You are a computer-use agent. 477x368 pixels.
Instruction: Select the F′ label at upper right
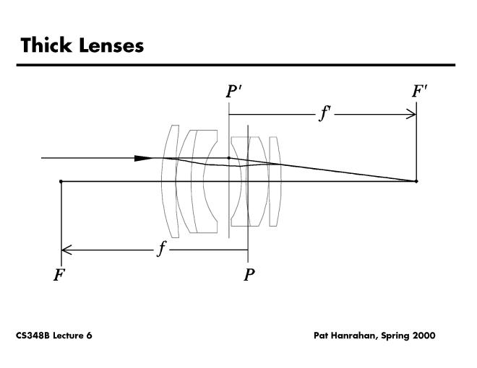pos(419,92)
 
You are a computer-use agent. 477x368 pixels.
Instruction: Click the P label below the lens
pos(249,275)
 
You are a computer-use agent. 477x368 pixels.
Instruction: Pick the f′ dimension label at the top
pos(325,113)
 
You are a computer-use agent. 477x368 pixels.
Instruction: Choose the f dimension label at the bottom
pos(163,249)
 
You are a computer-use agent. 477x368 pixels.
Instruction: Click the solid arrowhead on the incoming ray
pos(145,158)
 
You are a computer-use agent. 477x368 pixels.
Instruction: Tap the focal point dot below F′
pos(416,181)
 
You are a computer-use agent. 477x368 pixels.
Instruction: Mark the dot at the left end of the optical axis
pos(61,181)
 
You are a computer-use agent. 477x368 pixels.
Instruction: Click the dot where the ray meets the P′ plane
pos(229,157)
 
